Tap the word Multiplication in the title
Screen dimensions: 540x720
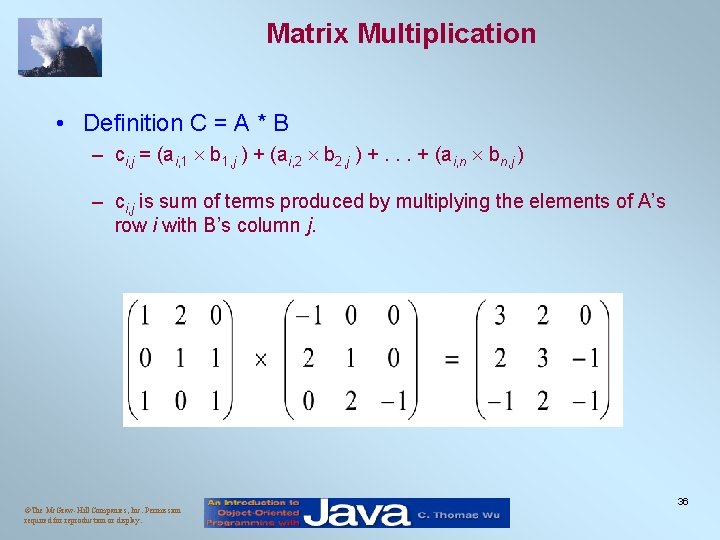click(447, 34)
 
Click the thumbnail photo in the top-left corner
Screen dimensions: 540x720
click(60, 46)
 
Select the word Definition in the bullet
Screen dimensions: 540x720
click(132, 123)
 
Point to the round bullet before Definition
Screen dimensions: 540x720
click(62, 123)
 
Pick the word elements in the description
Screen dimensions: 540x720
click(561, 202)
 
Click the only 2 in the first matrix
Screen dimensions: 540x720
click(180, 317)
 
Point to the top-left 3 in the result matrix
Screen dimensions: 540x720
click(500, 317)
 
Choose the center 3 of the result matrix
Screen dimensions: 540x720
click(543, 359)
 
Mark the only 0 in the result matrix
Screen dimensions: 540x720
click(585, 317)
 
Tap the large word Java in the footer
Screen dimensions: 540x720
click(357, 513)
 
